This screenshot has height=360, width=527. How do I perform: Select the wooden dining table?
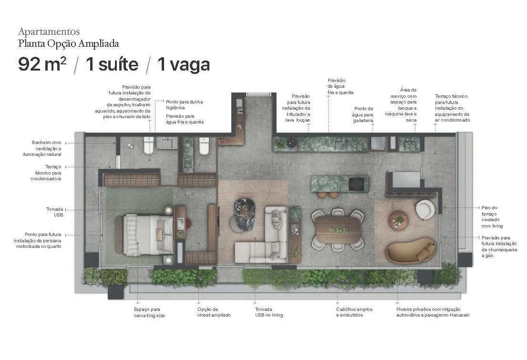point(338,229)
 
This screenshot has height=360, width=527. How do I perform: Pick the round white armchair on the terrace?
point(425,209)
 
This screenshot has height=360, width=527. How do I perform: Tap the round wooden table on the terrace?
point(398,220)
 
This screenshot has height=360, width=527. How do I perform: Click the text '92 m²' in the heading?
point(42,64)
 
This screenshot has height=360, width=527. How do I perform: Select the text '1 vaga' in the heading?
point(184,64)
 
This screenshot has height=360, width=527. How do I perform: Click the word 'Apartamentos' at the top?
point(49,32)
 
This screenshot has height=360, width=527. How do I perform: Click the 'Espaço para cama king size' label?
point(149,312)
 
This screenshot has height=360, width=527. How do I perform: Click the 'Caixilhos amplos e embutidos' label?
point(354,312)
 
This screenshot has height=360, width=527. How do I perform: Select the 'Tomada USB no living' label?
point(269,312)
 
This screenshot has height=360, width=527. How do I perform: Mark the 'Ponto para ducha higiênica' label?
point(184,104)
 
